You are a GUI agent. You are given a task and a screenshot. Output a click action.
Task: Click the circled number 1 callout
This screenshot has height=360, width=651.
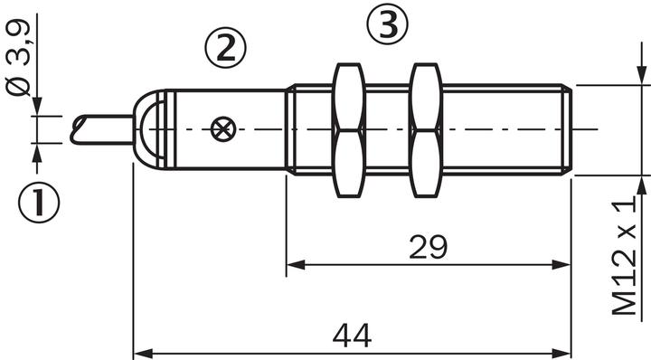coord(39,203)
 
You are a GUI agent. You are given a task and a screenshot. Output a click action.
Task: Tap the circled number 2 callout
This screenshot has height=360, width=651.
coord(225,48)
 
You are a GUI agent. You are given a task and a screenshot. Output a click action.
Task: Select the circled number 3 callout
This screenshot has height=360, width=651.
coord(387,24)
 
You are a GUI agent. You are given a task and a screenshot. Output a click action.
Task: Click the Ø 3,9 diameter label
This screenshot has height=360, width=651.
coord(19,57)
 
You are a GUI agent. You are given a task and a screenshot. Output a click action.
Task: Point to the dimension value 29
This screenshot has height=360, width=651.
coord(428,247)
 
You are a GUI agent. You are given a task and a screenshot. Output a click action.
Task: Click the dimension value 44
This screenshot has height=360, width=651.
coord(352,336)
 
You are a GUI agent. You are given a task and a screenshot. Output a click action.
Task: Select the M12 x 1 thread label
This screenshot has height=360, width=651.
coord(625,255)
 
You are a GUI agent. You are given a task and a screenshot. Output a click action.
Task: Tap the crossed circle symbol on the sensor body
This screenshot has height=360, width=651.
coord(223,129)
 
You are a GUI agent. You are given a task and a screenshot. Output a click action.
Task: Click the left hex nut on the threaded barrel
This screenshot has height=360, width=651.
coord(349,130)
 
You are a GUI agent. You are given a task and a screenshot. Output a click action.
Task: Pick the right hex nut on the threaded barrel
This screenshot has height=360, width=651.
coord(426,130)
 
